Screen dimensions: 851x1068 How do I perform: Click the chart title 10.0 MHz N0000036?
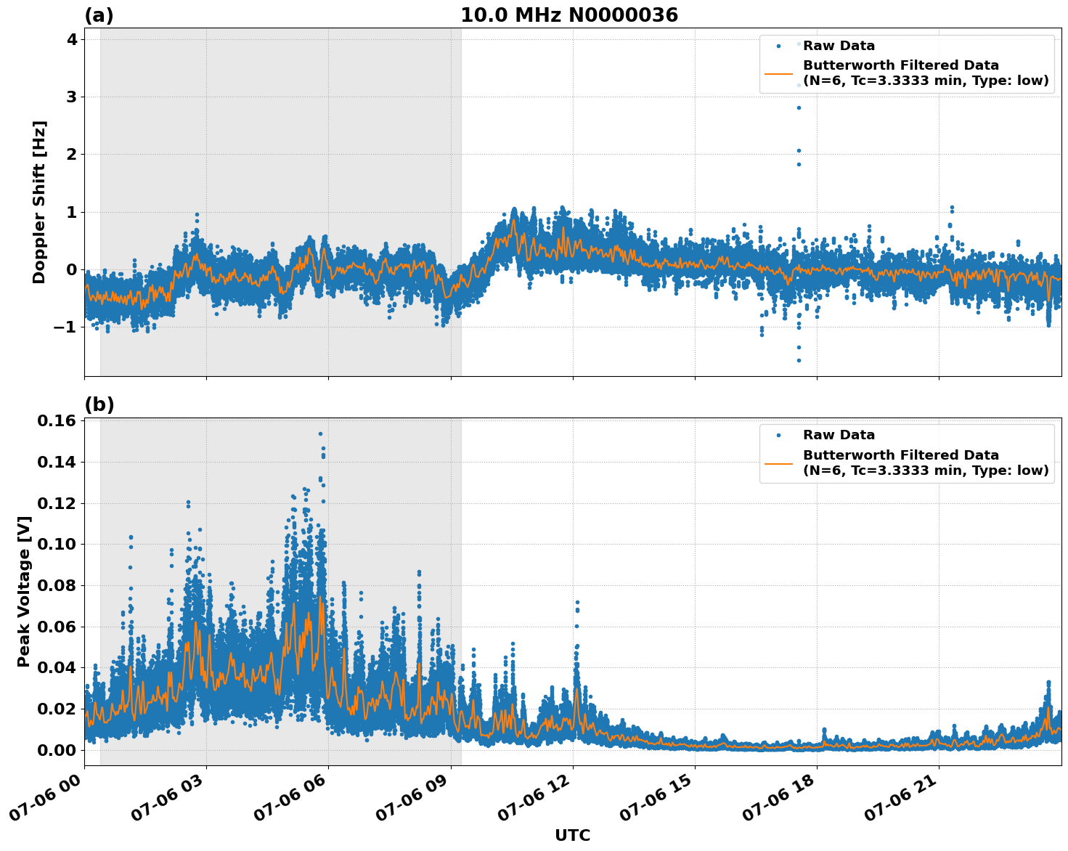pos(569,15)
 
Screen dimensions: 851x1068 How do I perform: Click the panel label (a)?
pos(99,15)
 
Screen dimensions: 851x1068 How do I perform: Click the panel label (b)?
pos(99,404)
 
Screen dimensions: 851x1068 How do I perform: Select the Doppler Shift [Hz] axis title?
pos(39,202)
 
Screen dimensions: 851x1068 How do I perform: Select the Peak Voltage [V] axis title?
pos(24,591)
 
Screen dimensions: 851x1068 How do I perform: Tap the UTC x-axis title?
pos(572,835)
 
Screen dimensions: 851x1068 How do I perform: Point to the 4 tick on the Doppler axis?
pos(72,39)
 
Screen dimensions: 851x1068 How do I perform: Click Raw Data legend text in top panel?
pos(839,46)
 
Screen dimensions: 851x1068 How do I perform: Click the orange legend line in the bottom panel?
pos(778,463)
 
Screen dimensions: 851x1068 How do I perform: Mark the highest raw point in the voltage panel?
pos(320,433)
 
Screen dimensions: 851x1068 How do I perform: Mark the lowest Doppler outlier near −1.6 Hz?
pos(799,360)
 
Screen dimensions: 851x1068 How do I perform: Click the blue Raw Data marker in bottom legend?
pos(778,436)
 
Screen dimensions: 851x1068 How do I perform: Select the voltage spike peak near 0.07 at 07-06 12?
pos(577,602)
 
